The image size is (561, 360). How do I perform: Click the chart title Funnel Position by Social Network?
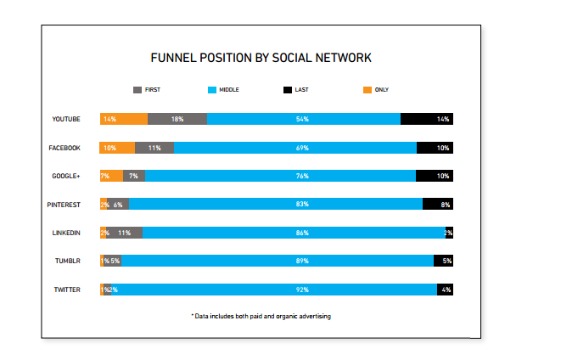click(261, 59)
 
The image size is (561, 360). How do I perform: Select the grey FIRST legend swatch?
click(139, 89)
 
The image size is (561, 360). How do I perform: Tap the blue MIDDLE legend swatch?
click(212, 89)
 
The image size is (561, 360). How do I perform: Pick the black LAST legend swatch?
click(288, 89)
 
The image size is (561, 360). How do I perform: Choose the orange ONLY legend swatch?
click(367, 89)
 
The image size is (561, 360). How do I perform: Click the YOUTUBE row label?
click(66, 119)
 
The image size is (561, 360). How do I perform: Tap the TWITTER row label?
click(67, 290)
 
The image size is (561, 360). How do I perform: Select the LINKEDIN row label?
click(66, 233)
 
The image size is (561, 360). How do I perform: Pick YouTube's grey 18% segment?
click(177, 119)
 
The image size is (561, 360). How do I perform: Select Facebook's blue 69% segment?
click(295, 148)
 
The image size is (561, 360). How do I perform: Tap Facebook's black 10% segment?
click(435, 148)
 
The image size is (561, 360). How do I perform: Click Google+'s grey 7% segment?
click(134, 176)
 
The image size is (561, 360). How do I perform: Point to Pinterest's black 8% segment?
click(438, 205)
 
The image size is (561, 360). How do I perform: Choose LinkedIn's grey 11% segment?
click(125, 233)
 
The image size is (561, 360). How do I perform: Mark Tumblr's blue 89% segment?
click(278, 261)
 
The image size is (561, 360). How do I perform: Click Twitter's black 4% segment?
click(445, 290)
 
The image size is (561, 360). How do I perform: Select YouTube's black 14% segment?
click(427, 119)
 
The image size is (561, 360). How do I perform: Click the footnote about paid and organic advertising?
click(261, 316)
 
